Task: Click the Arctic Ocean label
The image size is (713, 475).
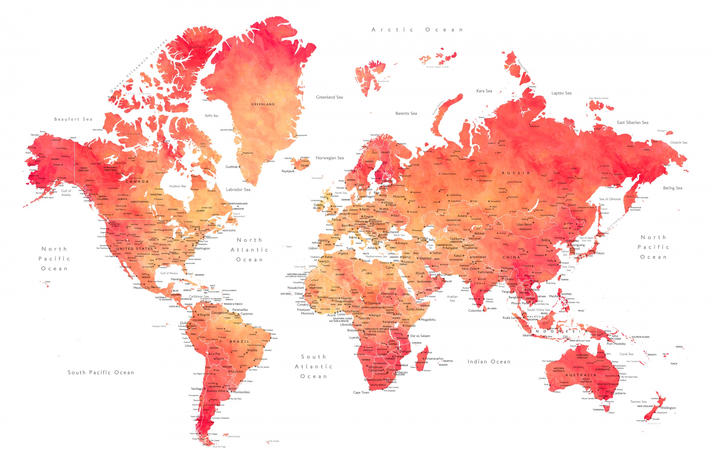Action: (x=417, y=30)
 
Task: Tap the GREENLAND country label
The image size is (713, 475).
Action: (x=263, y=104)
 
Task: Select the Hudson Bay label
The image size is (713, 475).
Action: (x=178, y=186)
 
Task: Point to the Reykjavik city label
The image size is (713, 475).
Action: (x=288, y=171)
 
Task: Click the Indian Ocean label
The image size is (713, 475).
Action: (x=489, y=362)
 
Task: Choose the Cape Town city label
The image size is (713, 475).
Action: (x=361, y=393)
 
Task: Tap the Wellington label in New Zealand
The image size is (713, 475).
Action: (x=668, y=408)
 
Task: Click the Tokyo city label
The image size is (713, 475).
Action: (x=600, y=253)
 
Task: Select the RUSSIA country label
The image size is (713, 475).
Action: (x=516, y=173)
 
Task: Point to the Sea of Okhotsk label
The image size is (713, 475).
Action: (x=610, y=199)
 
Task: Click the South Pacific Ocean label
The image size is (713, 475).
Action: (x=101, y=373)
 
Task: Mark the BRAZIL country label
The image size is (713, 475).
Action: (x=239, y=341)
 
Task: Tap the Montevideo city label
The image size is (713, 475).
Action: (x=241, y=392)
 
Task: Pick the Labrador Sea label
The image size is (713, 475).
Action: (x=238, y=190)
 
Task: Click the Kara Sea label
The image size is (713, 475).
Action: (x=484, y=91)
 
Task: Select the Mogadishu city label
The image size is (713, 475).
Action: (x=428, y=320)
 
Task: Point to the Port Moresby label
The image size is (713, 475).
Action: (x=616, y=344)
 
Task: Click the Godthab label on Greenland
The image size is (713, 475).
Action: (x=232, y=167)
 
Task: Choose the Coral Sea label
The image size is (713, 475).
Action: (x=626, y=354)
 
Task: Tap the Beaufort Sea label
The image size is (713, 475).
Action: (x=73, y=119)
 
